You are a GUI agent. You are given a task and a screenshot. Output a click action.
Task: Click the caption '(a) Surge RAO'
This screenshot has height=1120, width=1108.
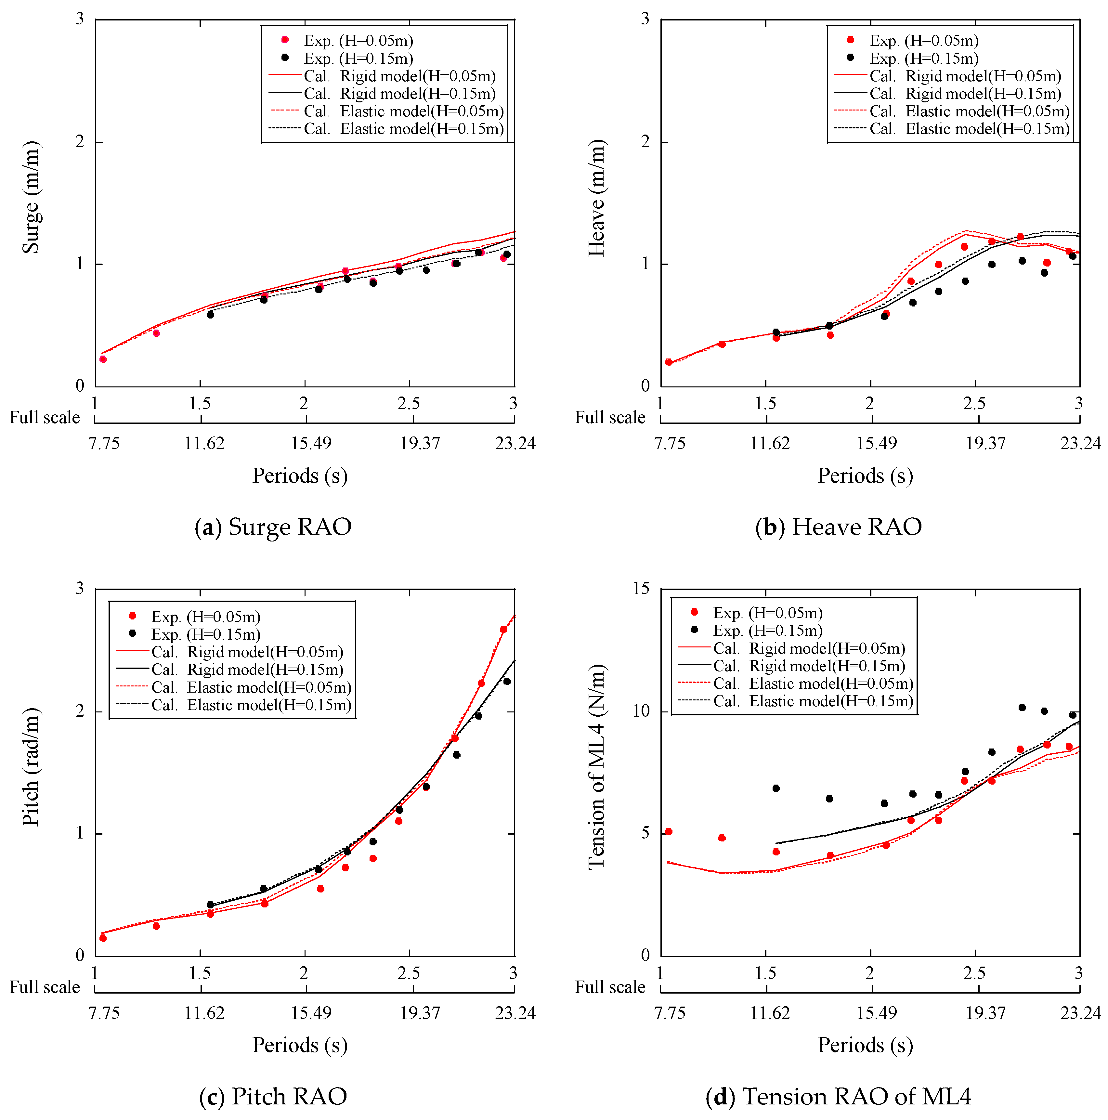coord(273,527)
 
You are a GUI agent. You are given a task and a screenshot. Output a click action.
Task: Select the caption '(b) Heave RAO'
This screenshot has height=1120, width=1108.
coord(838,527)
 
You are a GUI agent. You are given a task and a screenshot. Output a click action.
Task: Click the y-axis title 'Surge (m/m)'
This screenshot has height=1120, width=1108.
coord(31,197)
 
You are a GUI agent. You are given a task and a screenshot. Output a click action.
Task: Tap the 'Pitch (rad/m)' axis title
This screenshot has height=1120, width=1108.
coord(31,766)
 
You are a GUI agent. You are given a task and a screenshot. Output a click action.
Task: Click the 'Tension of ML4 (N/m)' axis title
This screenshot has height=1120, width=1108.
coord(597,766)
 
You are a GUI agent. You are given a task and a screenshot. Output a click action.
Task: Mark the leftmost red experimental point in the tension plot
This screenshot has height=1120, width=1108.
coord(669,831)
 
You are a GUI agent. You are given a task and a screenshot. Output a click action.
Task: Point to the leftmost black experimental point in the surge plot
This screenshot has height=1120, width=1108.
coord(211,314)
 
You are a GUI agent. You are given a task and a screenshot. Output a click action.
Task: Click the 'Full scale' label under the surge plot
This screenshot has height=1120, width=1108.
coord(45,417)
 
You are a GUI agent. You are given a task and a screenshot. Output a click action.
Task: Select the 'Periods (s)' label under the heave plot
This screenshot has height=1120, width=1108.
coord(865,476)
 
